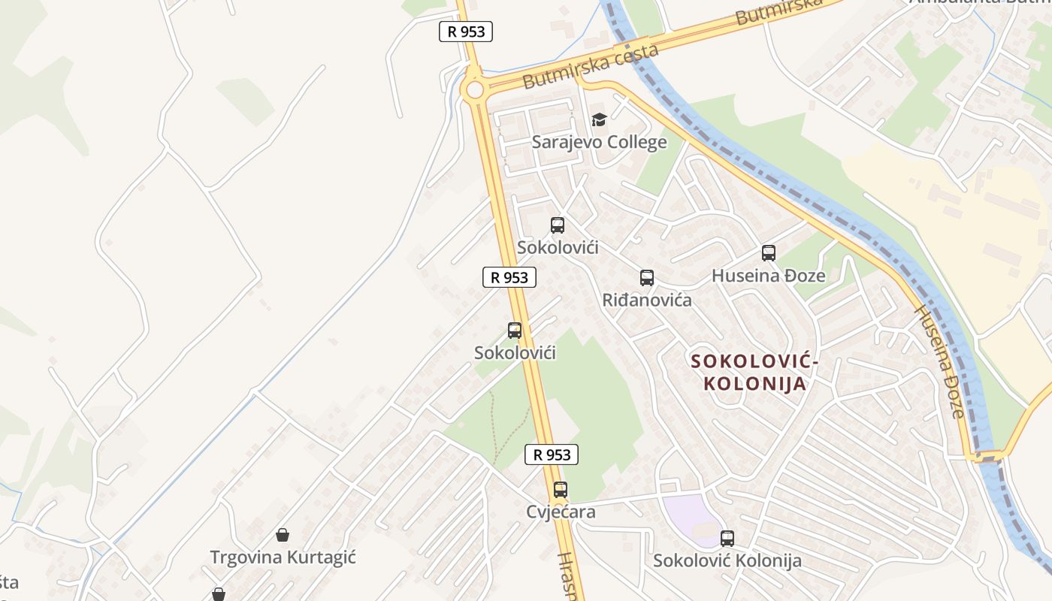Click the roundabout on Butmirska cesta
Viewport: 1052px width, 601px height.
coord(474,90)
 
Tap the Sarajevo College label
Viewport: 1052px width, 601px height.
coord(599,142)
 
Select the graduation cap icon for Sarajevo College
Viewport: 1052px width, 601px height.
coord(599,119)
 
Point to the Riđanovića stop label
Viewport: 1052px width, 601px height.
coord(646,300)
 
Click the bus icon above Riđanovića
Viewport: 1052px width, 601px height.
coord(647,278)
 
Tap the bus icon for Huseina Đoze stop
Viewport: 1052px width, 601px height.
coord(768,253)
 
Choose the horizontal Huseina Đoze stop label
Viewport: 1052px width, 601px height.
coord(768,276)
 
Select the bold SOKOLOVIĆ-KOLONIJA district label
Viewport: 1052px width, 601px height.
coord(754,373)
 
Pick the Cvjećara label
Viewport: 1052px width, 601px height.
coord(561,512)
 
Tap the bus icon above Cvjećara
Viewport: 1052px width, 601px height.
coord(561,490)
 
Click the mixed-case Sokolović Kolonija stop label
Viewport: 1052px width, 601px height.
coord(727,560)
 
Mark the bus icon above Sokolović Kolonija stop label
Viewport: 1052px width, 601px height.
coord(727,538)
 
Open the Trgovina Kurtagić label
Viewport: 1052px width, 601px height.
coord(283,557)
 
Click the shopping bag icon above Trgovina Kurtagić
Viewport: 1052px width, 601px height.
coord(283,535)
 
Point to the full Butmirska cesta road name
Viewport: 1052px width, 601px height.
coord(591,66)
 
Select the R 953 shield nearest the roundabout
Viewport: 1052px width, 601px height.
coord(466,32)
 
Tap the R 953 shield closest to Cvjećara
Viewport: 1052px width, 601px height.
coord(552,455)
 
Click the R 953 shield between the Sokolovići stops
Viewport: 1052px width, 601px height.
coord(509,277)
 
